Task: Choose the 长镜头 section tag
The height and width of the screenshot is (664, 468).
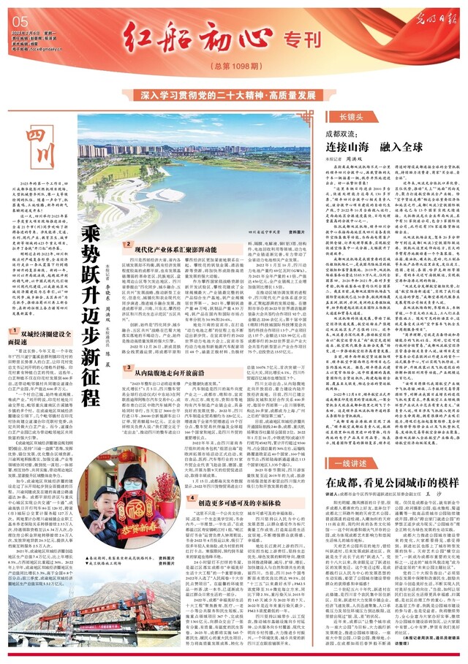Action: point(342,117)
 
